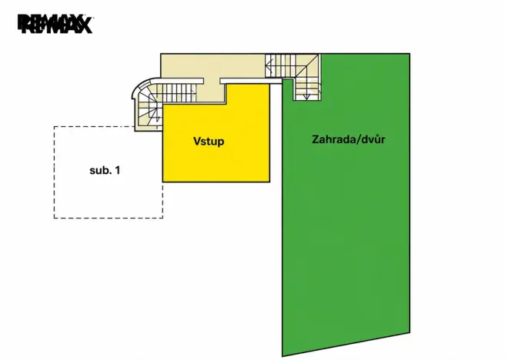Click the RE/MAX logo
55,24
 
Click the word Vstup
209,142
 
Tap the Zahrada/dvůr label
349,139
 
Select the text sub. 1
105,170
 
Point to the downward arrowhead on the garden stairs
307,96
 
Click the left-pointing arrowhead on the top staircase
267,68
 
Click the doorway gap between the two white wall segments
212,81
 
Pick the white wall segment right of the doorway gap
251,81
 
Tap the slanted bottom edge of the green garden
346,345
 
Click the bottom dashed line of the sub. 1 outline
109,218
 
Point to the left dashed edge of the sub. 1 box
54,172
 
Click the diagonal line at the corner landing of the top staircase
307,66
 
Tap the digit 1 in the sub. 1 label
118,170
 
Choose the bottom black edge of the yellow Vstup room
216,182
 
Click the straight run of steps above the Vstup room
176,92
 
